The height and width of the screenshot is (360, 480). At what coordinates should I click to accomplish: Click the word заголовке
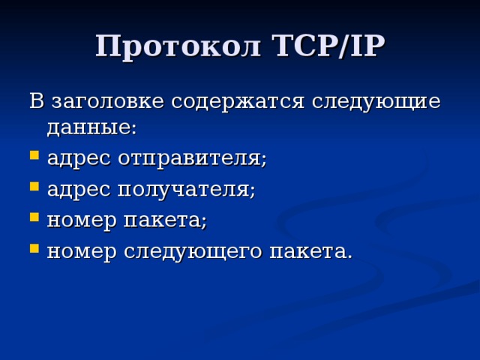[105, 100]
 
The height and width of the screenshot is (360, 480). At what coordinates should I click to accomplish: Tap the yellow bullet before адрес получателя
[34, 190]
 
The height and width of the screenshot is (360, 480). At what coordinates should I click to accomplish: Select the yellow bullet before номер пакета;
[34, 220]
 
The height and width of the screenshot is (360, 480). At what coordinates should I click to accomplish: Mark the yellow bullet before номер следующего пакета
[34, 251]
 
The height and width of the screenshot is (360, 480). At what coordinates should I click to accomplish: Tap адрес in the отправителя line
[79, 159]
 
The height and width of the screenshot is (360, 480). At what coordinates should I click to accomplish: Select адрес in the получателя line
[79, 190]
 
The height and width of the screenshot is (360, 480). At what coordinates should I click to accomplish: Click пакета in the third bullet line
[169, 221]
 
